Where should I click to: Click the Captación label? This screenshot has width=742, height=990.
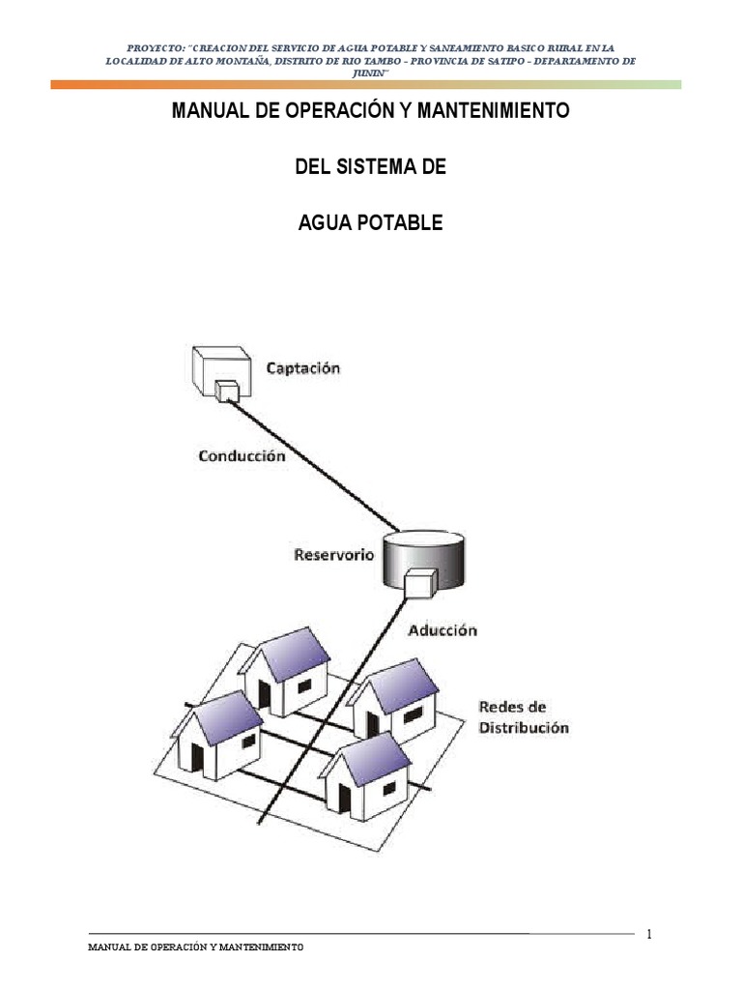302,368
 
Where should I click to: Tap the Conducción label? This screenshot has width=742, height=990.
242,455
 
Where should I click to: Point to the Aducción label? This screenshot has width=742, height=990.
442,630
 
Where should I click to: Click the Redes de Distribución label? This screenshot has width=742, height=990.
523,717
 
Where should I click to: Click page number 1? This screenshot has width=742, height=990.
649,934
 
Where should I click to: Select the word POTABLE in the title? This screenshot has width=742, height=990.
401,222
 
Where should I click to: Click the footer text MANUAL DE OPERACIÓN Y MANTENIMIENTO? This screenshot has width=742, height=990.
196,947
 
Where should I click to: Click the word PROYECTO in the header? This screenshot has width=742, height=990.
156,47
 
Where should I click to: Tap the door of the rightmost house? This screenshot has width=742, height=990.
372,725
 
